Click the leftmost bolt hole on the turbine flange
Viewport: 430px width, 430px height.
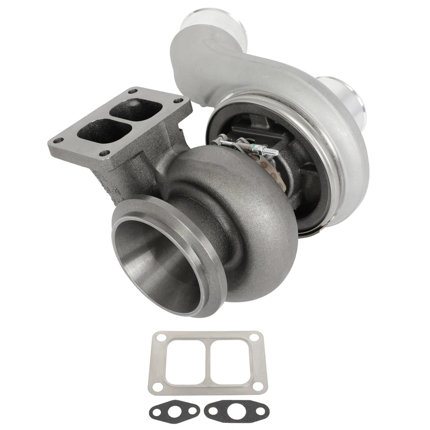tap(56, 141)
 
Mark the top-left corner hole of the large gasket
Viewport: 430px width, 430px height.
tap(158, 338)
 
